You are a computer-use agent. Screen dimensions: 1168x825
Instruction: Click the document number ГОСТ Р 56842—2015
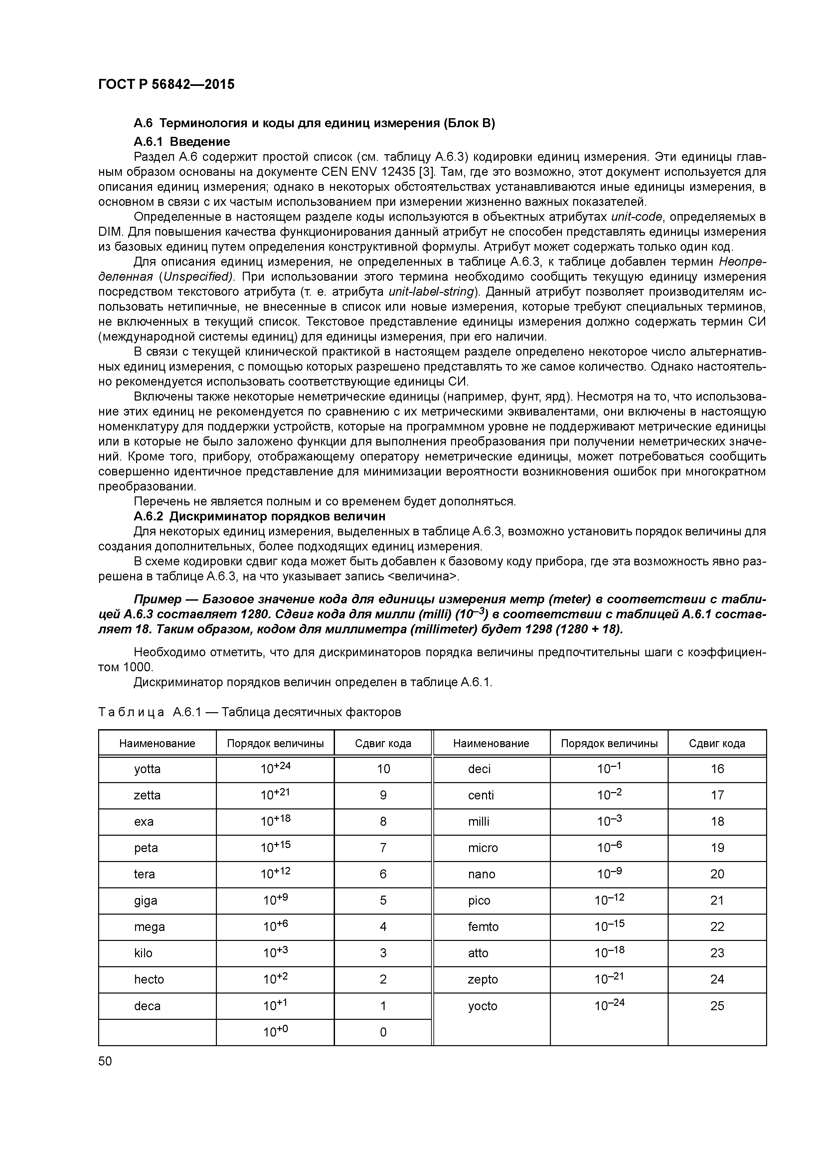click(x=166, y=85)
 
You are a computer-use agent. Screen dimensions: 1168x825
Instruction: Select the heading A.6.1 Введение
click(x=182, y=142)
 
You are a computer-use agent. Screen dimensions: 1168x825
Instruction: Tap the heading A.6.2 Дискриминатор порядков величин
click(x=259, y=516)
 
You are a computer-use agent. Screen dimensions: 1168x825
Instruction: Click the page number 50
click(x=105, y=1061)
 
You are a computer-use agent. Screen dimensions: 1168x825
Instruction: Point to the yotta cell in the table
click(x=147, y=769)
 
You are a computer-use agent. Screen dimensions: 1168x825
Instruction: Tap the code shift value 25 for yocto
click(x=717, y=1006)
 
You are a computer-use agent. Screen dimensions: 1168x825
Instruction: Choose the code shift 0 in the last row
click(x=383, y=1032)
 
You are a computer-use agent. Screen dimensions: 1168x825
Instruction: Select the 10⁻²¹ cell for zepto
click(x=609, y=979)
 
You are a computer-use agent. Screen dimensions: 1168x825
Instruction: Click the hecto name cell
click(x=149, y=979)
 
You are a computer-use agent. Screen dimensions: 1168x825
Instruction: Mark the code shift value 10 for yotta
click(x=383, y=769)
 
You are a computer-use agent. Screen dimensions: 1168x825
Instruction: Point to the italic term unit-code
click(x=636, y=217)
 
